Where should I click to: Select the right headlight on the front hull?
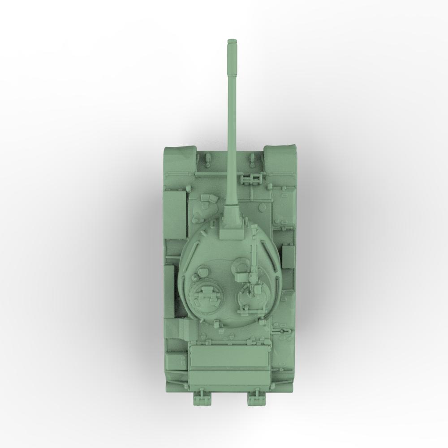252,157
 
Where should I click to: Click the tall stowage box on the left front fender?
175,214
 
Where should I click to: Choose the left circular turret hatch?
207,297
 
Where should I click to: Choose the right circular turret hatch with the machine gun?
247,298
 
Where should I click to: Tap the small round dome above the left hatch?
202,271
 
